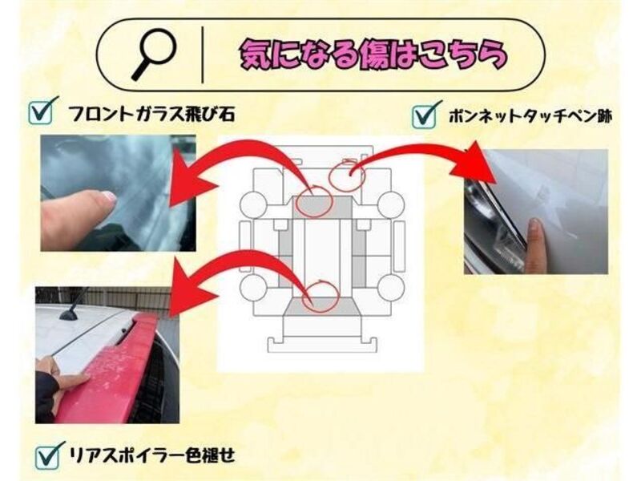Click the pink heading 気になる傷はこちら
click(x=373, y=55)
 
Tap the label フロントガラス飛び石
click(x=151, y=114)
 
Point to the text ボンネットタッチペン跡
click(x=530, y=116)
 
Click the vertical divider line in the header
click(x=203, y=55)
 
